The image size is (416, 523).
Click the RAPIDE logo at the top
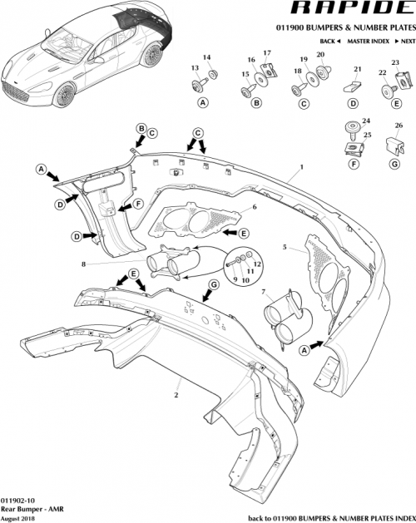click(354, 10)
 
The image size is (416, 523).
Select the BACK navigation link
click(328, 41)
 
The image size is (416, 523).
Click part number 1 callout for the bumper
click(290, 168)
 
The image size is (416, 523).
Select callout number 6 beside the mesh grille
click(255, 206)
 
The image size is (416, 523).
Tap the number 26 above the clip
click(398, 126)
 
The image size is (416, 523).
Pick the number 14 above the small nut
click(208, 57)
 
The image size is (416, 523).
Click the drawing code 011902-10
click(19, 495)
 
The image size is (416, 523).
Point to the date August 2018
click(19, 516)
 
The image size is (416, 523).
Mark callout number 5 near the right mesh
click(285, 248)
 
